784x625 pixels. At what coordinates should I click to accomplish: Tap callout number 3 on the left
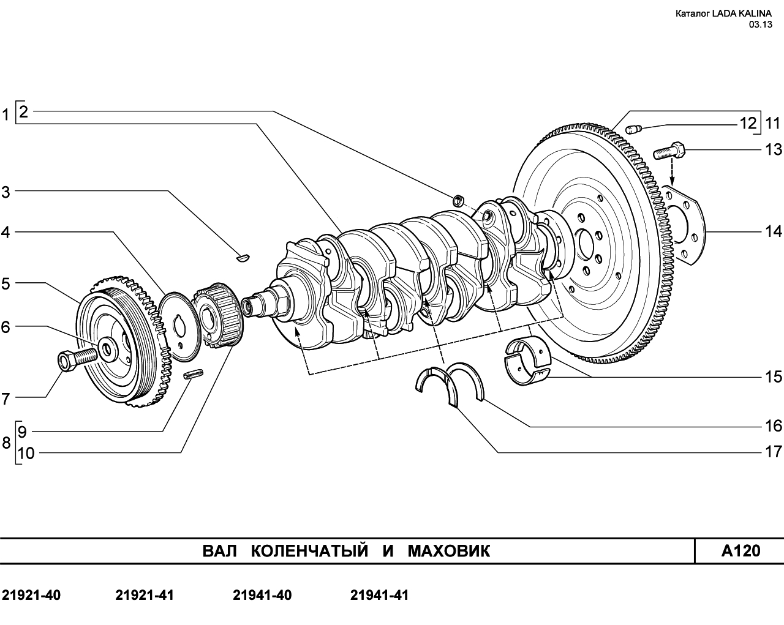(x=6, y=192)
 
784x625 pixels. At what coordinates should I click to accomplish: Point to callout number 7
(x=6, y=400)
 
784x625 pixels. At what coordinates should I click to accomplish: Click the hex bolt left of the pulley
(x=77, y=357)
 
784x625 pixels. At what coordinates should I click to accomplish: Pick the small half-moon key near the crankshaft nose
(x=243, y=258)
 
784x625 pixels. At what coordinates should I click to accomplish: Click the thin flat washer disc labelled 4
(x=180, y=326)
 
